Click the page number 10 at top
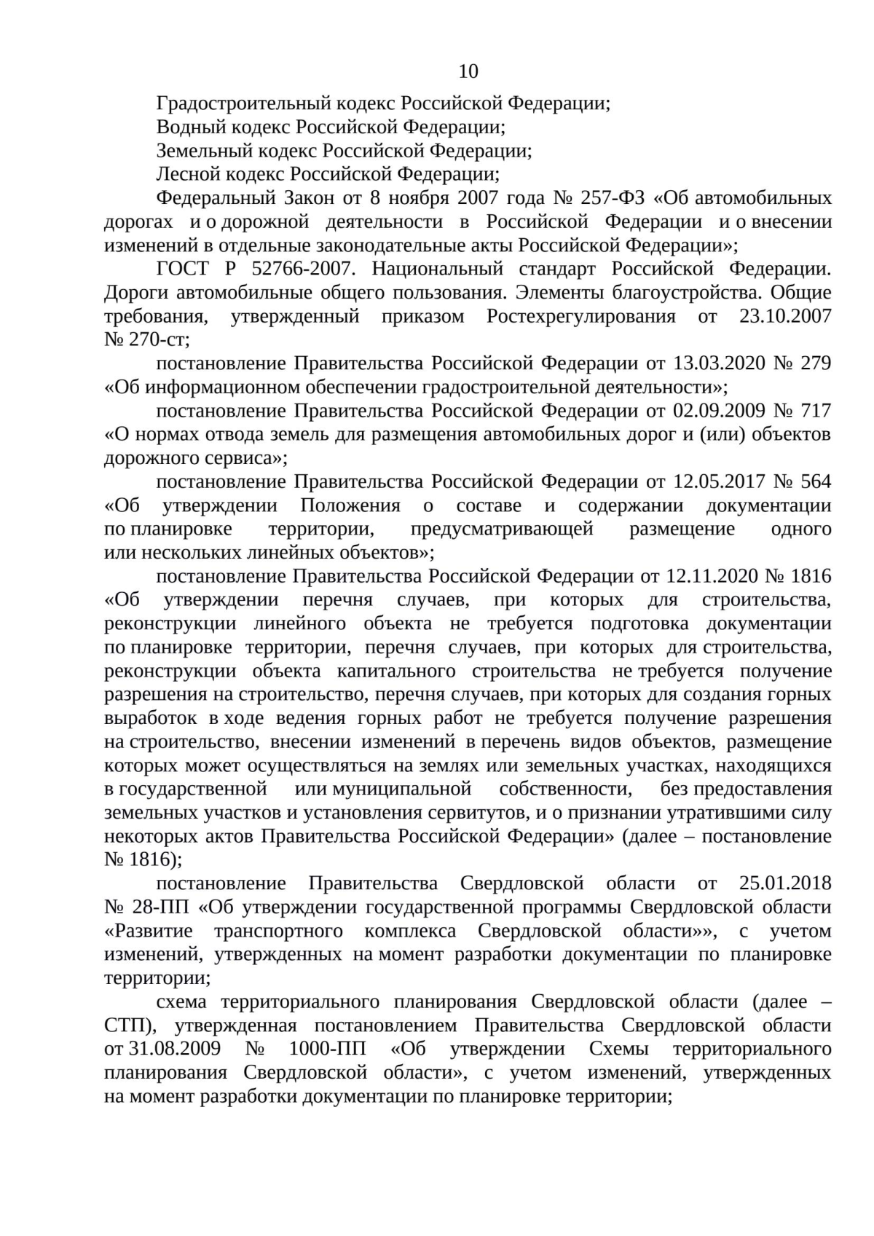pos(468,71)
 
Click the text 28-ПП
pos(160,907)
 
